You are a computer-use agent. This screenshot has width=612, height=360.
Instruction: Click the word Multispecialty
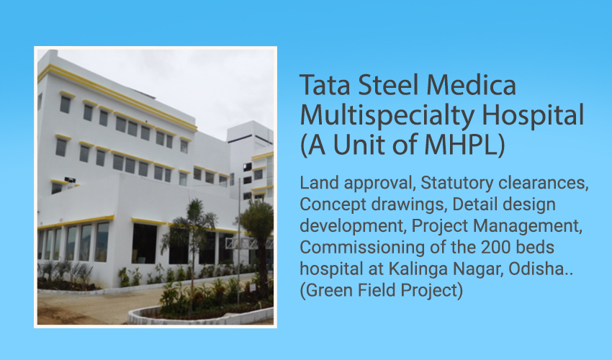pyautogui.click(x=387, y=117)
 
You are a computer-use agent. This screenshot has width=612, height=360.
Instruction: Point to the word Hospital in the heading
pyautogui.click(x=533, y=117)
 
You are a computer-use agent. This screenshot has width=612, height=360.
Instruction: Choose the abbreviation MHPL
pyautogui.click(x=461, y=145)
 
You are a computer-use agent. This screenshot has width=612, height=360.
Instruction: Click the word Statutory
pyautogui.click(x=456, y=184)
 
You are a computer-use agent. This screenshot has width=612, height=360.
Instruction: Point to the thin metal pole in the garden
pyautogui.click(x=238, y=242)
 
